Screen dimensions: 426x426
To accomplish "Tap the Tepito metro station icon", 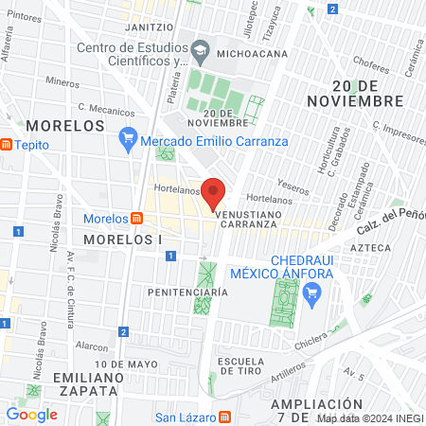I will click(7, 145).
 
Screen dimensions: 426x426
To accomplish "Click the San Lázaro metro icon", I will click(224, 417).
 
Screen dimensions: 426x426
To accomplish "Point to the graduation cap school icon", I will click(201, 48).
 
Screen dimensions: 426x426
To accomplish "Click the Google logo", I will click(31, 414).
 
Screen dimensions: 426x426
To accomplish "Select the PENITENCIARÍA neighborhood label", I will click(188, 293).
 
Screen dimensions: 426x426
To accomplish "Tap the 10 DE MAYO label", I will click(126, 364).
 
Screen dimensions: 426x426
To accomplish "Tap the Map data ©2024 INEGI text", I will click(369, 417).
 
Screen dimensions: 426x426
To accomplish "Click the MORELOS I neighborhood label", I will click(123, 240).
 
